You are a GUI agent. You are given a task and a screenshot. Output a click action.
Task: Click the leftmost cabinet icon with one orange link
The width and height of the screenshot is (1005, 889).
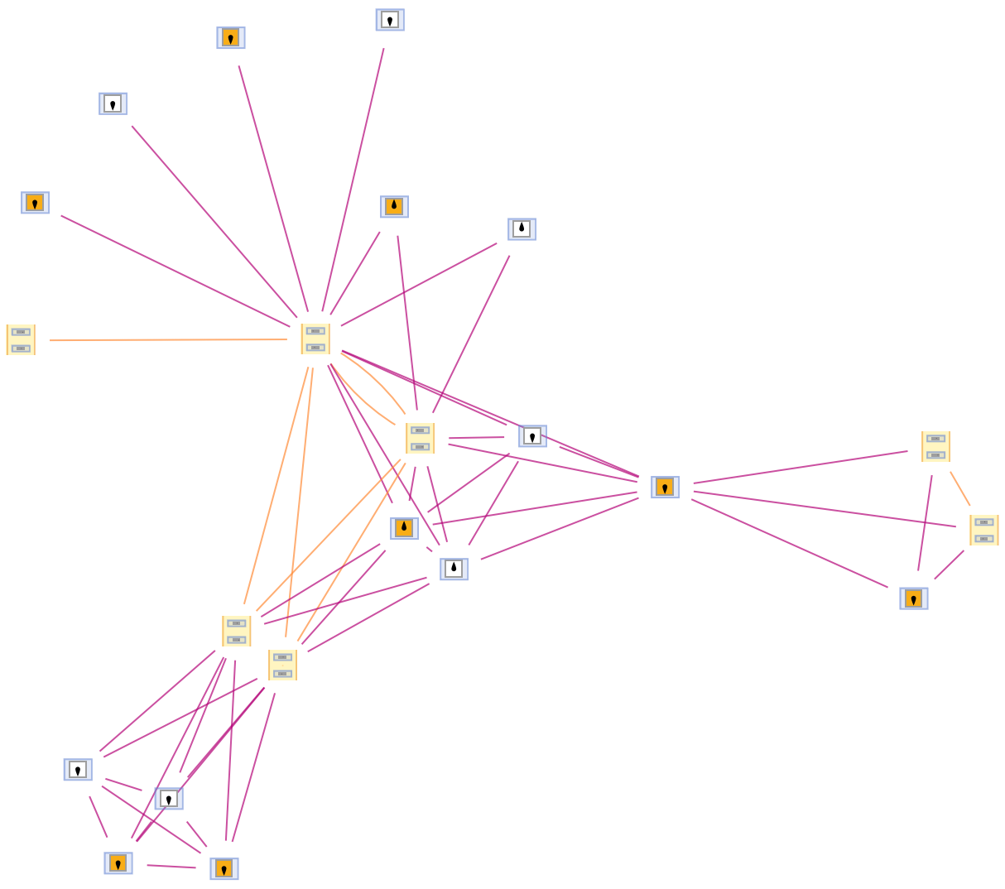[21, 339]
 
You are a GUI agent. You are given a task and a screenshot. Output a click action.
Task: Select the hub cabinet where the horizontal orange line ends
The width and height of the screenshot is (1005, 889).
[315, 339]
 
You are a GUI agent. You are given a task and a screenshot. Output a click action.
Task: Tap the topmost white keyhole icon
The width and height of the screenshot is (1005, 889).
[390, 20]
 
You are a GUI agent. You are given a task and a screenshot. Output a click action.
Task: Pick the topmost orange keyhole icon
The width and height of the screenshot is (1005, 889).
[231, 38]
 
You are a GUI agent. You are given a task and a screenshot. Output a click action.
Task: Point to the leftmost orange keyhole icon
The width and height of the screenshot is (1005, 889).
[35, 203]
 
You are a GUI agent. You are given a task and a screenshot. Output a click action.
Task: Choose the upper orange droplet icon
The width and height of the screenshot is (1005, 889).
[394, 207]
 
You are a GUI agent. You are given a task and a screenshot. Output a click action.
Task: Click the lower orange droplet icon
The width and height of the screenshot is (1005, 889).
[404, 528]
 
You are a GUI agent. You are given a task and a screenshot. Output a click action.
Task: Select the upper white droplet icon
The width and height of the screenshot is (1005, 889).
[522, 229]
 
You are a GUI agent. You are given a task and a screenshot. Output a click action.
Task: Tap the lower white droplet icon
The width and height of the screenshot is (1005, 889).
[454, 569]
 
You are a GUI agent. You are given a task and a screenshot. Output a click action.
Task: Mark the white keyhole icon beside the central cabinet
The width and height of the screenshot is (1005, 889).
[532, 436]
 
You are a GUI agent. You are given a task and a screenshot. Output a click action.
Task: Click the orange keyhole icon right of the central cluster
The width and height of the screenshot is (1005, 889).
[665, 488]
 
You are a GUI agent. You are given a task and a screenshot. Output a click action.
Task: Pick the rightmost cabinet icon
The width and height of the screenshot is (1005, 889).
[983, 530]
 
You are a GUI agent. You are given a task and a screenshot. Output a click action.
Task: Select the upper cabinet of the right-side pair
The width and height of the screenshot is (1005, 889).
[935, 446]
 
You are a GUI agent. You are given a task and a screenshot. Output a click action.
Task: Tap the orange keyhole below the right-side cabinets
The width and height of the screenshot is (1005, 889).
[913, 598]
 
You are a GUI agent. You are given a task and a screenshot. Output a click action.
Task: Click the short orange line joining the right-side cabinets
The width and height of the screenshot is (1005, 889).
[960, 488]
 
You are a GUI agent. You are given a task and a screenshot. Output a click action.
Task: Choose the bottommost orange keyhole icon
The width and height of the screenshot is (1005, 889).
[224, 868]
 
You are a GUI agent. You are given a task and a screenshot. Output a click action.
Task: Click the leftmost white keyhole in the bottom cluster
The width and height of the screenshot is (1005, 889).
[78, 770]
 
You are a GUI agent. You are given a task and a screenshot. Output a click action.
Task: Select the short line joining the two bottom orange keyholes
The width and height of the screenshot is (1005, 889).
[171, 866]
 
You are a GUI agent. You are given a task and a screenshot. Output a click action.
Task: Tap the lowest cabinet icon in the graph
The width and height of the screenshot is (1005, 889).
[282, 665]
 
